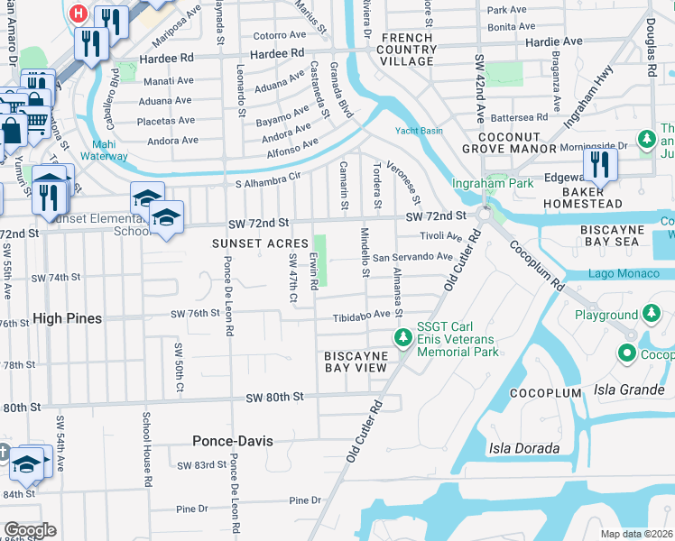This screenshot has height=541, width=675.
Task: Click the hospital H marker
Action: [79, 15]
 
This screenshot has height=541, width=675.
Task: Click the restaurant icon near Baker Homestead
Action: [598, 165]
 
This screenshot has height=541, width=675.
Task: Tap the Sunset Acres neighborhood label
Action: [260, 243]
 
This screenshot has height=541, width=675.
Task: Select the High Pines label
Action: [67, 318]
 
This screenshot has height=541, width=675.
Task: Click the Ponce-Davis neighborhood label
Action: [232, 441]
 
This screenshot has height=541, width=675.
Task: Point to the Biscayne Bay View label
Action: [356, 362]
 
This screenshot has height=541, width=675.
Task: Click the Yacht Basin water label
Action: [419, 130]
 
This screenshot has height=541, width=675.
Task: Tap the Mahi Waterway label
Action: [109, 150]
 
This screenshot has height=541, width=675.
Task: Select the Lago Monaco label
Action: [619, 273]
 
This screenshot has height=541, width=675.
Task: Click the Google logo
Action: [30, 530]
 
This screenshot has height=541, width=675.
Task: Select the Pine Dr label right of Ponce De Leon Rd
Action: [304, 500]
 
